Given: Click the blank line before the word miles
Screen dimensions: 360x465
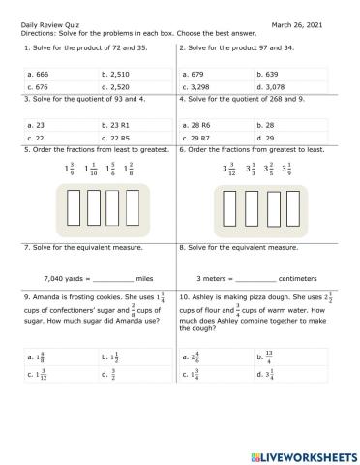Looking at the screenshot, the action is tap(105, 277).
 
